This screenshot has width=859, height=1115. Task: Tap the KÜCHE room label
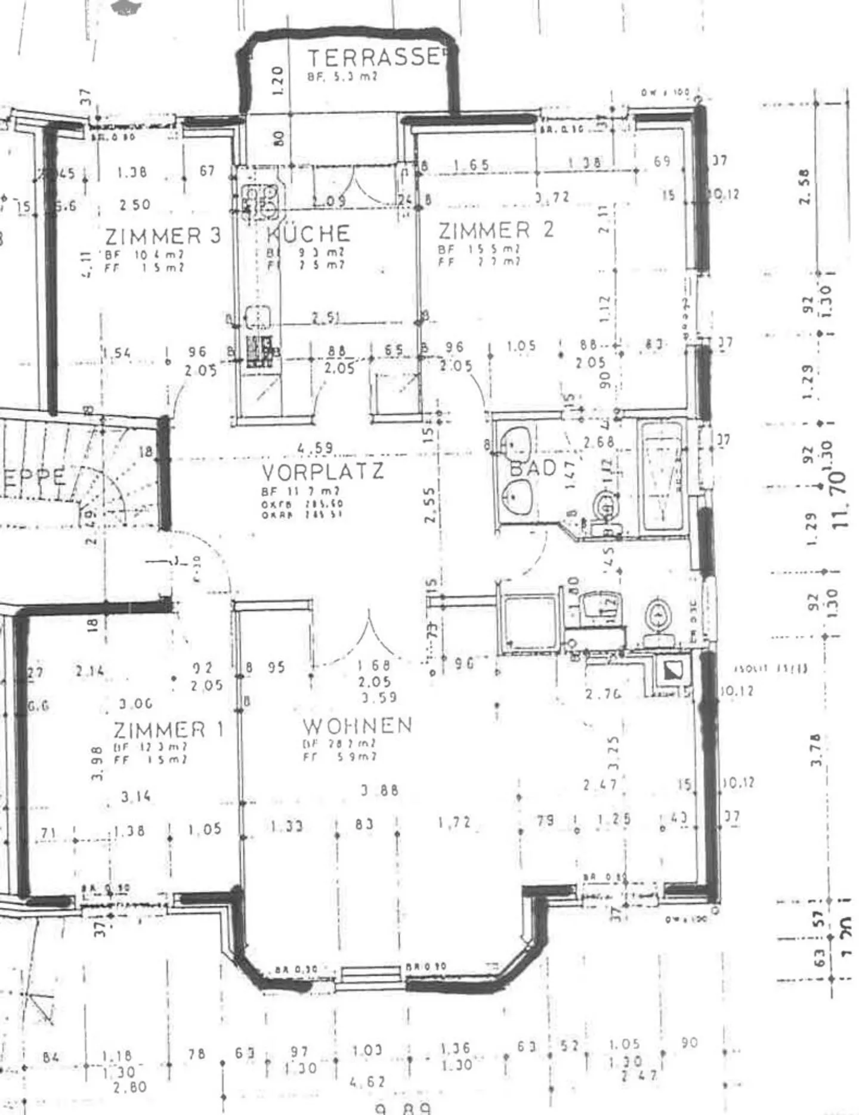click(x=308, y=233)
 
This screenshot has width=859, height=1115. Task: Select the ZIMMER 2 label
click(x=495, y=230)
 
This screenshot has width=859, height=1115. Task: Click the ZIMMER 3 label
click(x=163, y=236)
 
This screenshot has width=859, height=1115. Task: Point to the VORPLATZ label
click(x=323, y=472)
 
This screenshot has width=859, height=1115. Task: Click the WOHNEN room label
click(x=357, y=725)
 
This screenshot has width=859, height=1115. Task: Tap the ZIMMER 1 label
click(x=168, y=729)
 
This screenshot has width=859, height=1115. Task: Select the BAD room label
click(x=533, y=468)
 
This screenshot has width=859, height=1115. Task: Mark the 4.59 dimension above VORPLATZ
click(x=316, y=447)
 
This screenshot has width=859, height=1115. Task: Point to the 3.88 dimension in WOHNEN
click(x=379, y=790)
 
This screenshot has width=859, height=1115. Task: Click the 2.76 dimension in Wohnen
click(x=602, y=694)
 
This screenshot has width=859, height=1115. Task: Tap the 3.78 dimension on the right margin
click(x=817, y=750)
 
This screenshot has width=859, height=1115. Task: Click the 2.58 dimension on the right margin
click(x=805, y=187)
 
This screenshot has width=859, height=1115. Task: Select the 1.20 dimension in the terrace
click(x=276, y=79)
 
